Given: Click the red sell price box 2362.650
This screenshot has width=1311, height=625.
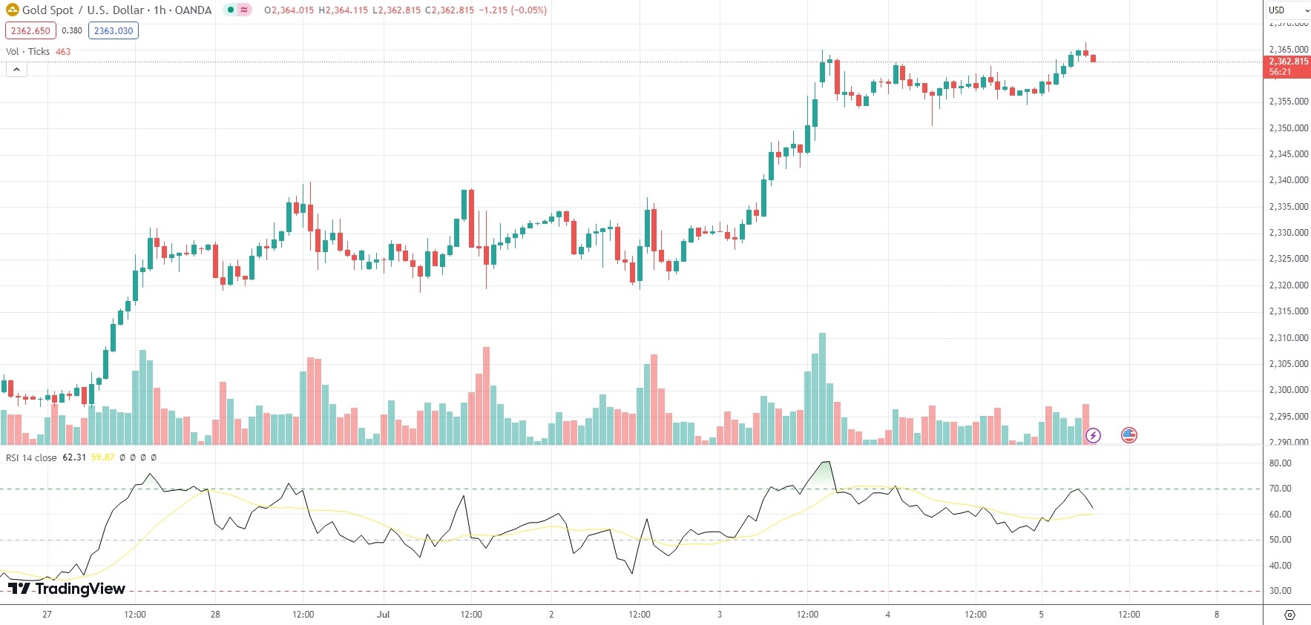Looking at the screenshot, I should click(30, 31).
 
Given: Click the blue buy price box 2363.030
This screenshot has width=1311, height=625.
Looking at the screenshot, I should click(114, 31).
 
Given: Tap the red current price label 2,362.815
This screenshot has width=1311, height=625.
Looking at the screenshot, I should click(1287, 62).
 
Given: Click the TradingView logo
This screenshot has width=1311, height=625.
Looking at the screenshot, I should click(67, 589).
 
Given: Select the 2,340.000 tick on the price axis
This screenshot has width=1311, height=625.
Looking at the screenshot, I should click(1288, 180).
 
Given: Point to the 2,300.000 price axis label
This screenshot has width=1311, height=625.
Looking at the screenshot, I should click(1288, 390).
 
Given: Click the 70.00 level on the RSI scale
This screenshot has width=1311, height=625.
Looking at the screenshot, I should click(1280, 489).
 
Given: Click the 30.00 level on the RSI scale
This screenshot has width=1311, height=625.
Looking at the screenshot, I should click(1280, 591).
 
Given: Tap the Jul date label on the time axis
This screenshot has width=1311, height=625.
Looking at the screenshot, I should click(383, 615).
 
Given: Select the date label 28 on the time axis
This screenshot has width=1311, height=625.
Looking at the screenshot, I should click(215, 615).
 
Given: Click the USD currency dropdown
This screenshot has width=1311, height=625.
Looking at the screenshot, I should click(1288, 10).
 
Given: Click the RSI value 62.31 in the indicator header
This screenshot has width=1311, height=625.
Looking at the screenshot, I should click(74, 457).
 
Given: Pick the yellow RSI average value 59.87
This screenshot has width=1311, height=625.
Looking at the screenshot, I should click(102, 457).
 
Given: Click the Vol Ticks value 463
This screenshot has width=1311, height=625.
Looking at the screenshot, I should click(63, 52).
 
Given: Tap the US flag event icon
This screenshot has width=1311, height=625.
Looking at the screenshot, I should click(1128, 435).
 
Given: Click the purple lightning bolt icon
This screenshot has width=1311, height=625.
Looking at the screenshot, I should click(1093, 435).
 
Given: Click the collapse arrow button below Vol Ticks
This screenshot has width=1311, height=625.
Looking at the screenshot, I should click(16, 70).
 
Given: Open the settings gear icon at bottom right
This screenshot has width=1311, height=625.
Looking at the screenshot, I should click(1289, 615).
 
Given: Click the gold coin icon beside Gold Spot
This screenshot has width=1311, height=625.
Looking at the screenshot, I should click(13, 10).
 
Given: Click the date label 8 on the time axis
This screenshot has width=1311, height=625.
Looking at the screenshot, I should click(1217, 615).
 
